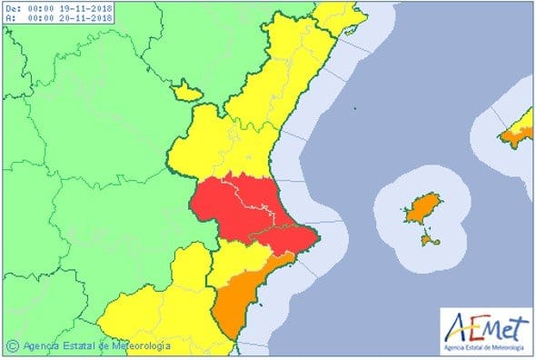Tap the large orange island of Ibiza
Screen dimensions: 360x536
422,209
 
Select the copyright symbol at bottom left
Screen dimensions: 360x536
13,345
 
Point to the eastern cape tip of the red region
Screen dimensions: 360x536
317,239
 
